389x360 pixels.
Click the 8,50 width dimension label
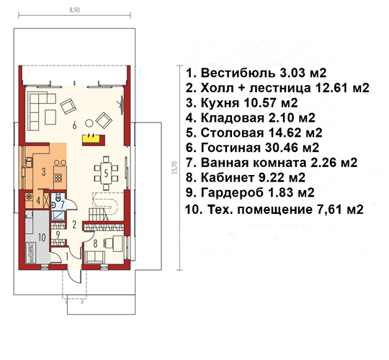[x=74, y=10]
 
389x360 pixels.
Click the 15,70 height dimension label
[x=174, y=168]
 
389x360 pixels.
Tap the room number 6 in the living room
[x=74, y=125]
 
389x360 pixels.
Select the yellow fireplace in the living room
[x=94, y=140]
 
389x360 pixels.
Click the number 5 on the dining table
[x=106, y=173]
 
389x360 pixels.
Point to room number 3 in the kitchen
[x=44, y=171]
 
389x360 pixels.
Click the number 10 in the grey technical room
[x=42, y=238]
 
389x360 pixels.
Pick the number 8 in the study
[x=95, y=244]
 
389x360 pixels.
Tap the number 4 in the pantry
[x=38, y=200]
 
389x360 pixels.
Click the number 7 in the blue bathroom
[x=62, y=204]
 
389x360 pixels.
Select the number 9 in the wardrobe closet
[x=58, y=235]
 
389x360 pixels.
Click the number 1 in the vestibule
[x=66, y=257]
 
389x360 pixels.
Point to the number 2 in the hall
[x=74, y=225]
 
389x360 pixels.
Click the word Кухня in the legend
[x=220, y=103]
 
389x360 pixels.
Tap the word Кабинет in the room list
[x=228, y=178]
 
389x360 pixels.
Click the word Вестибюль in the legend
[x=238, y=73]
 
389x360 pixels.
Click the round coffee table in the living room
[x=89, y=123]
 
